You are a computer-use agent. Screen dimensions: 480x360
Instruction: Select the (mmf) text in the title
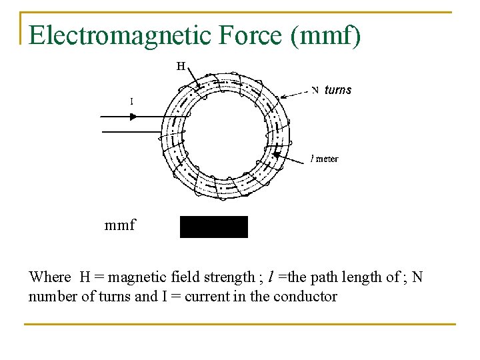tap(326, 36)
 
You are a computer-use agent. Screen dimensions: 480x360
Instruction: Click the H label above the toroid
tap(181, 66)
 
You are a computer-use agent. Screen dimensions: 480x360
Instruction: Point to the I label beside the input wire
tap(131, 101)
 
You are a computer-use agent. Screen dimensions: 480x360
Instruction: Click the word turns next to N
tap(338, 90)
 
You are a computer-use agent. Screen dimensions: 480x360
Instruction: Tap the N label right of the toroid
tap(315, 90)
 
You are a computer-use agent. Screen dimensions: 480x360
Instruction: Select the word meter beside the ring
tap(327, 159)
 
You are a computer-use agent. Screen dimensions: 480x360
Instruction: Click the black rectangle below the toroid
tap(213, 227)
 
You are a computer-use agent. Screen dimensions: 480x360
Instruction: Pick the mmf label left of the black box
tap(120, 225)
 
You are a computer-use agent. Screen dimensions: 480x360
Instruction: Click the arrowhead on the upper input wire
tap(133, 116)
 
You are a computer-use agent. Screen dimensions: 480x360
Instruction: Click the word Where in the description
tap(50, 277)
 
